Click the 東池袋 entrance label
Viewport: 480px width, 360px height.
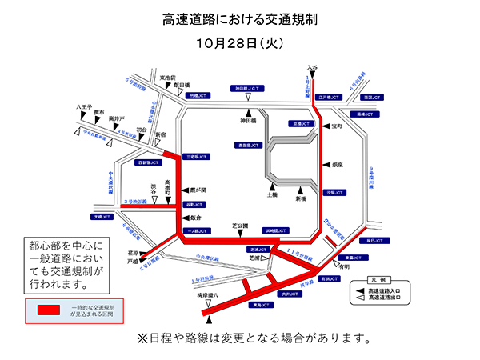(166, 78)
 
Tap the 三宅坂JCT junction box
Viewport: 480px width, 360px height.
(196, 157)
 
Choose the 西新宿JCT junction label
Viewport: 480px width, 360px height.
(150, 162)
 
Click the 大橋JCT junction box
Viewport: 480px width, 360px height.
(105, 216)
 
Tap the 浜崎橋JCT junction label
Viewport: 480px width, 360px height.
(287, 230)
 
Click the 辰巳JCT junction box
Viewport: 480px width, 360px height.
(377, 240)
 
